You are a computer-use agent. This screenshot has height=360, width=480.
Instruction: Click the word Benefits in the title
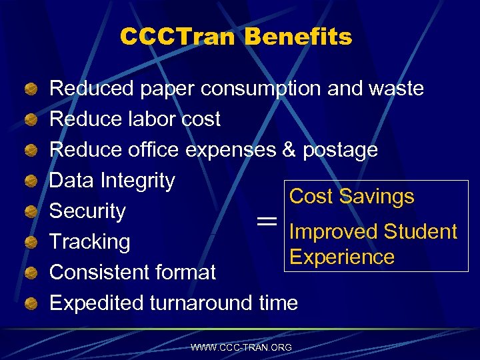[298, 37]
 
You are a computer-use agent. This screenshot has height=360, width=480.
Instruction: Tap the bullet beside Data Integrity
[30, 181]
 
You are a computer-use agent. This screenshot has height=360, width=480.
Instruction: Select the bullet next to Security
[30, 212]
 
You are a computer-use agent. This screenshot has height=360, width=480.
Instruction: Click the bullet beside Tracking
[30, 243]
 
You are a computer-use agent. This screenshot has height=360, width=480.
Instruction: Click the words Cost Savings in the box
[351, 197]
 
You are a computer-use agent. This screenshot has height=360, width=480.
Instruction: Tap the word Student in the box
[420, 232]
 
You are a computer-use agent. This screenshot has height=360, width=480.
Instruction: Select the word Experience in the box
[342, 257]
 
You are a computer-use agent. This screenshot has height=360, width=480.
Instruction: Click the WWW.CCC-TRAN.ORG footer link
[241, 347]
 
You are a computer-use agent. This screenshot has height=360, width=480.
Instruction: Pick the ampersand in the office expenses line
[289, 149]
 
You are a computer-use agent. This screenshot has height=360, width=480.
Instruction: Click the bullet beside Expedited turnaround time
[30, 304]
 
